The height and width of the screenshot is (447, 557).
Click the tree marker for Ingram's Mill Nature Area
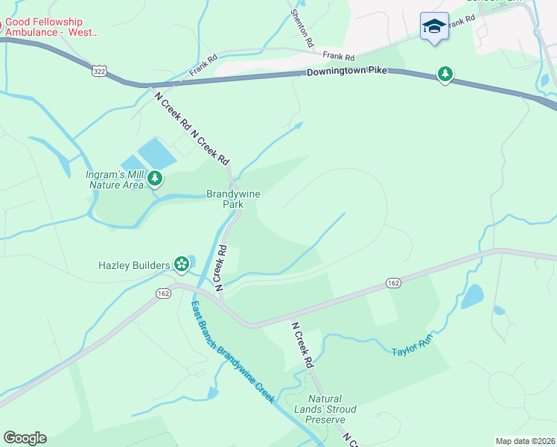point(155,178)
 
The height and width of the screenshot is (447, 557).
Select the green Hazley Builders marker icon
point(181,263)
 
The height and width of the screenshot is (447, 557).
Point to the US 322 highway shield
point(99,71)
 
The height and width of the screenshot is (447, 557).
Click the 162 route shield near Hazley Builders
point(162,294)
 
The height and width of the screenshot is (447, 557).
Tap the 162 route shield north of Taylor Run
point(394,283)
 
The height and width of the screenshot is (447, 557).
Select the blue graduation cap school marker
point(433,28)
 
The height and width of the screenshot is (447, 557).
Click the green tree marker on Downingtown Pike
point(445,74)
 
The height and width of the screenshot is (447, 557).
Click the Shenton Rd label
point(300,24)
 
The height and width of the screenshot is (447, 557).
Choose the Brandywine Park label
point(233,199)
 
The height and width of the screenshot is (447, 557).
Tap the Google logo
point(25,438)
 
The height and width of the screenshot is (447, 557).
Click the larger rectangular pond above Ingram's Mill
point(157,153)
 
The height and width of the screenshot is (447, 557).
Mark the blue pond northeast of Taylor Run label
point(473,296)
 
